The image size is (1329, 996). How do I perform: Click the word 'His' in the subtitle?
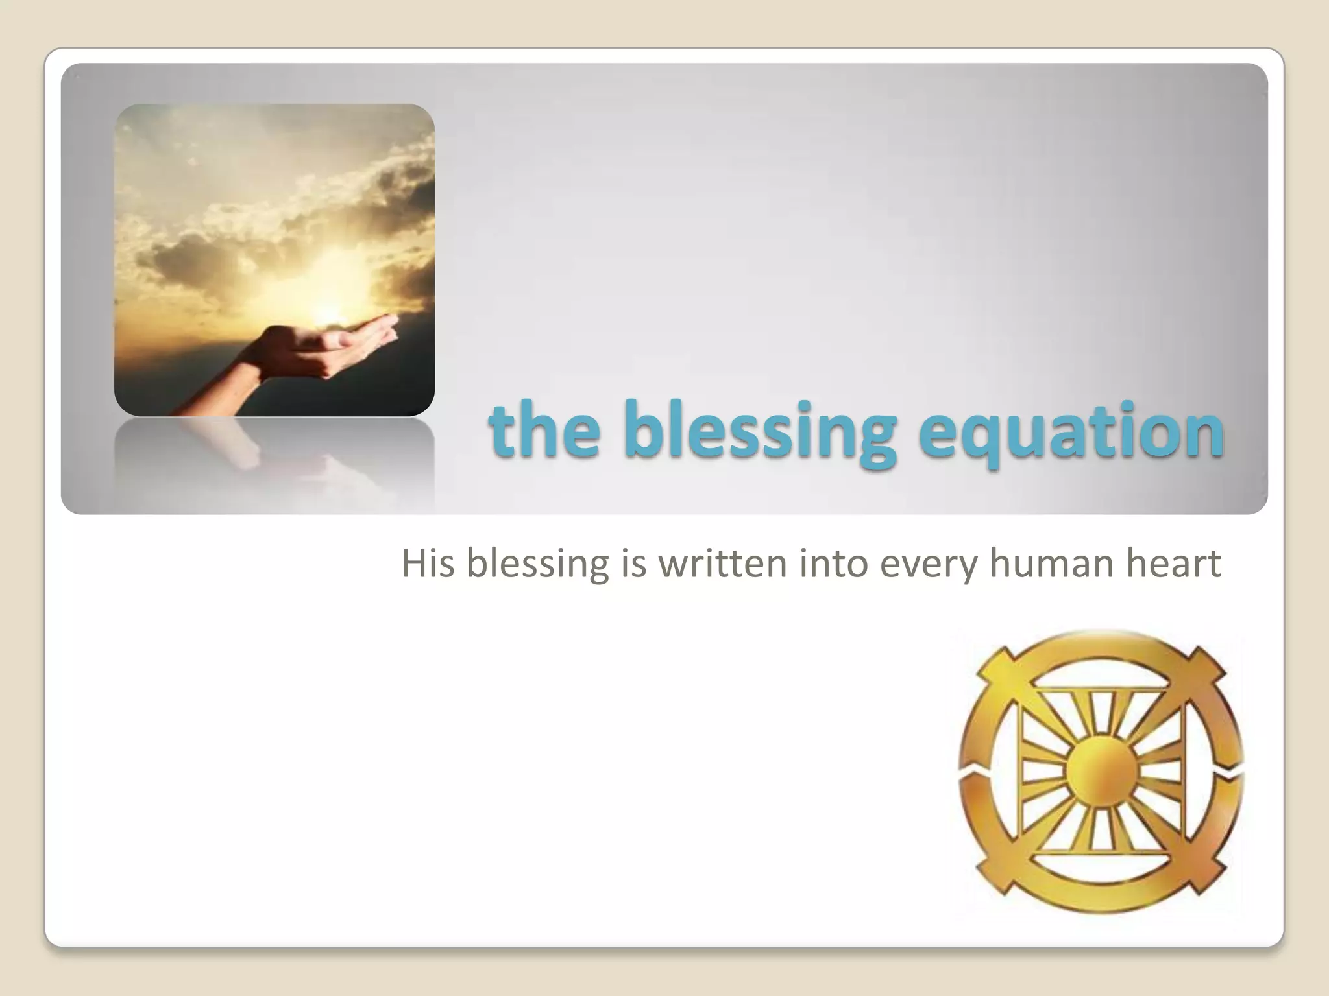(x=427, y=563)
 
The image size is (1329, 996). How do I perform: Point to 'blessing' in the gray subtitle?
(x=537, y=564)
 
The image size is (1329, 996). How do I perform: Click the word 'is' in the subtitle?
(x=634, y=563)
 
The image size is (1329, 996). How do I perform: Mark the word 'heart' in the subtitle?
(x=1173, y=563)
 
